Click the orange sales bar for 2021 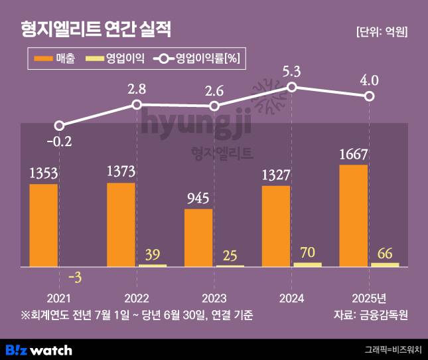(x=44, y=225)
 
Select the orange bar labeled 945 (x=198, y=238)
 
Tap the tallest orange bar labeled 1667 (x=353, y=216)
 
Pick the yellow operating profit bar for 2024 (x=307, y=264)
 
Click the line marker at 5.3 (x=292, y=87)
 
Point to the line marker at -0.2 (x=60, y=126)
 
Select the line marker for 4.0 (x=370, y=97)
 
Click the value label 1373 (x=121, y=171)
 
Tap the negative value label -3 (x=74, y=278)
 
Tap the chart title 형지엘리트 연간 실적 (x=96, y=29)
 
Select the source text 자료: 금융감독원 (x=370, y=314)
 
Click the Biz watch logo (x=38, y=349)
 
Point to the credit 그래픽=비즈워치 (x=393, y=349)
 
